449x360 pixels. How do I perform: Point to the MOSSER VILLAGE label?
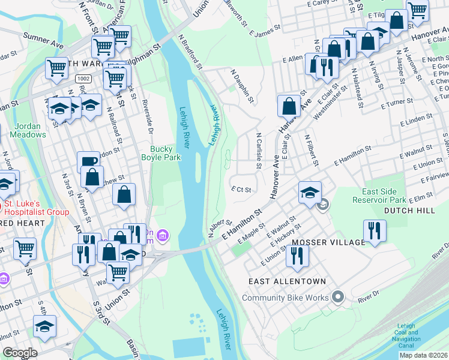(x=328, y=242)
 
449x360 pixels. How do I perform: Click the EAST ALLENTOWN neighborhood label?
(x=288, y=281)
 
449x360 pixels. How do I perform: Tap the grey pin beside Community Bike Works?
(x=338, y=297)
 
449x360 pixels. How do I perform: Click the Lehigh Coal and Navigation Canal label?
(x=414, y=337)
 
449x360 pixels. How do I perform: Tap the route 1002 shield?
(x=83, y=79)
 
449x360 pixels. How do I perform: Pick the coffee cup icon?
(x=88, y=162)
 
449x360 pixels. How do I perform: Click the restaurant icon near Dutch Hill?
(x=375, y=230)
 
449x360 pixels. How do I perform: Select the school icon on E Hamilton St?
(x=310, y=192)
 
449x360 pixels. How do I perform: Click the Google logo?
(x=20, y=353)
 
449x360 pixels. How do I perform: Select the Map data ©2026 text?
(x=423, y=355)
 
